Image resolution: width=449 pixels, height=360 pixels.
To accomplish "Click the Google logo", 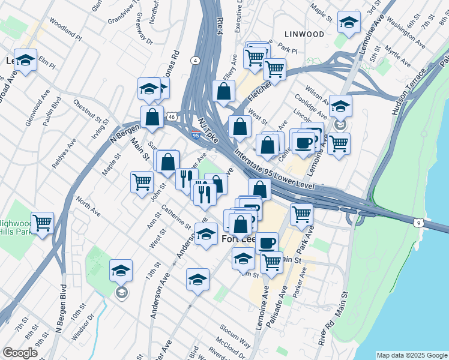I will tap(20, 353).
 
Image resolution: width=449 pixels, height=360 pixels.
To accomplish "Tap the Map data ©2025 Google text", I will tap(411, 355).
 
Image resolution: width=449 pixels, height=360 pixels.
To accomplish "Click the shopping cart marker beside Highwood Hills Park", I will tap(43, 223).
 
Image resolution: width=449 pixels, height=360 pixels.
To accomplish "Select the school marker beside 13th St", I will tap(121, 271).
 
